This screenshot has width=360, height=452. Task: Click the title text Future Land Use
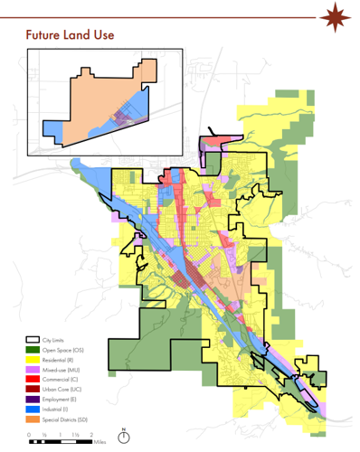pyautogui.click(x=57, y=33)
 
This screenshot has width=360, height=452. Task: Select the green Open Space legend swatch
pyautogui.click(x=34, y=349)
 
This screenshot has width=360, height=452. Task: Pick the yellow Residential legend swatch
pyautogui.click(x=34, y=360)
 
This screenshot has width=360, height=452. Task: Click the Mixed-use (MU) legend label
pyautogui.click(x=61, y=370)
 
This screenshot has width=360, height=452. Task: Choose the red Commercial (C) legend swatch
pyautogui.click(x=34, y=380)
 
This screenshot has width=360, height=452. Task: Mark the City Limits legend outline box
pyautogui.click(x=34, y=339)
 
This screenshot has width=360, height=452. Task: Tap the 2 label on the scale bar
pyautogui.click(x=91, y=435)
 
